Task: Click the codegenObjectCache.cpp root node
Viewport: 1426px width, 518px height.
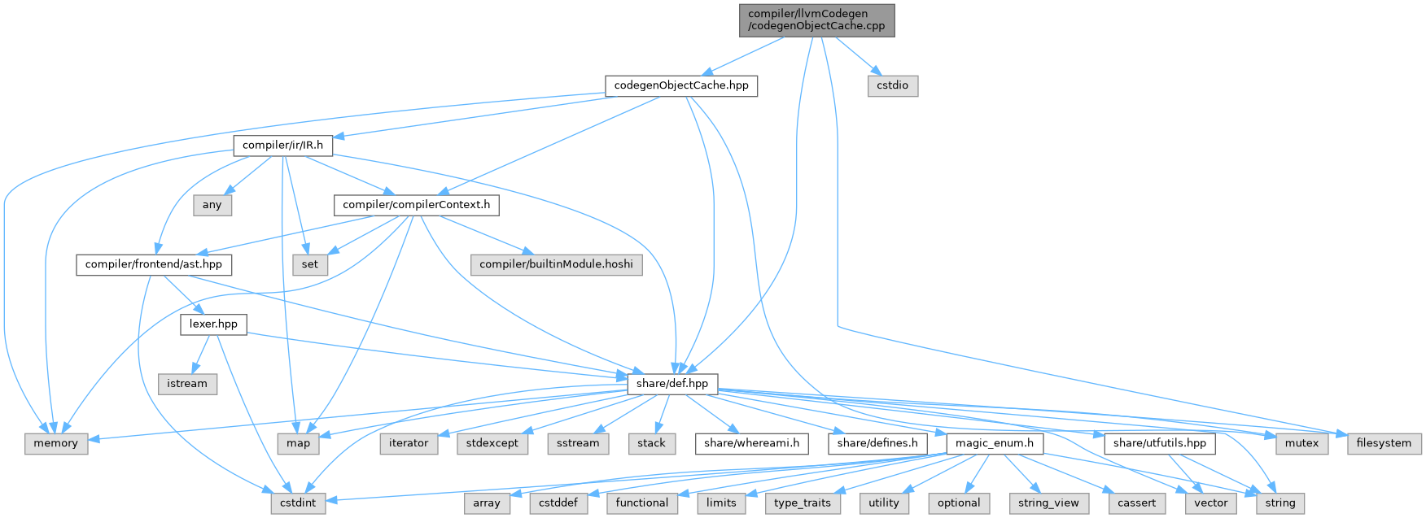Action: click(x=816, y=20)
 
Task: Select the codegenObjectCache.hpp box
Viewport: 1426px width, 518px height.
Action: click(x=681, y=85)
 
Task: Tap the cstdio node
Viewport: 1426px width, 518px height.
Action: click(x=892, y=85)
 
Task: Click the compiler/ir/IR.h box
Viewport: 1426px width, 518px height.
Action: click(x=282, y=146)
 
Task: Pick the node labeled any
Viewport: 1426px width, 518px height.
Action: click(x=212, y=205)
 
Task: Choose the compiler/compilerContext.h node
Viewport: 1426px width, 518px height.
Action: click(x=416, y=205)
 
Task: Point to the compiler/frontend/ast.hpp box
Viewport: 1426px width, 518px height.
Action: click(x=154, y=264)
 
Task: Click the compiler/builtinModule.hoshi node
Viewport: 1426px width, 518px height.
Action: click(x=556, y=264)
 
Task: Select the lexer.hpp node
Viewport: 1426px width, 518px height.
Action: click(x=213, y=324)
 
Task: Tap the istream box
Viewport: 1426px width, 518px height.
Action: click(x=187, y=384)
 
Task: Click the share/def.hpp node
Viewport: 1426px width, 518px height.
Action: click(x=671, y=384)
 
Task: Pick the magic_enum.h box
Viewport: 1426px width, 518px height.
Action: click(x=995, y=443)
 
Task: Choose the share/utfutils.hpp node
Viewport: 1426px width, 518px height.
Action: click(x=1159, y=443)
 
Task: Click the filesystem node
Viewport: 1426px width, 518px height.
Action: click(x=1384, y=443)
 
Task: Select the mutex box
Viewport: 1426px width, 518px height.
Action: click(x=1301, y=443)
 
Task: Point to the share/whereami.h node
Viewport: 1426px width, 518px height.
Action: click(x=752, y=443)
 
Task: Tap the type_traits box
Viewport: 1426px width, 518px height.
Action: click(x=803, y=503)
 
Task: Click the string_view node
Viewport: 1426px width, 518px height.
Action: click(x=1048, y=503)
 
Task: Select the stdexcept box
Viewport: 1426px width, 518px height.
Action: click(x=492, y=443)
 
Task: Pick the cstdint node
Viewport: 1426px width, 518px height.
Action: click(x=298, y=503)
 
